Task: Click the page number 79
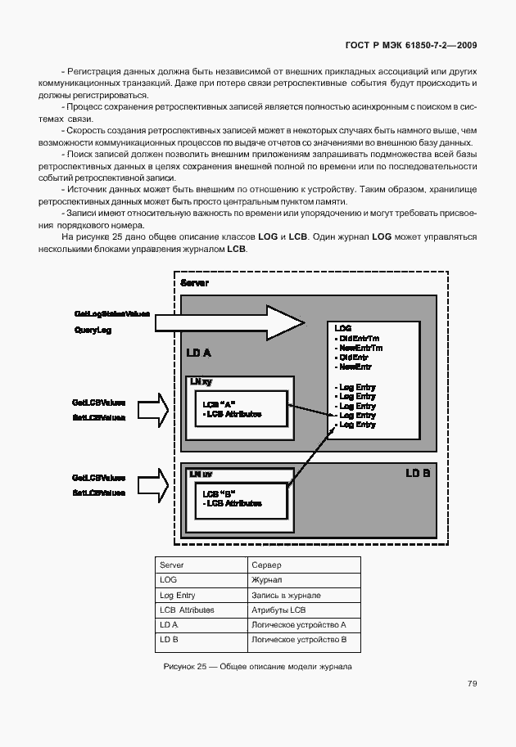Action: pos(472,683)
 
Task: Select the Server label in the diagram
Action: pos(194,283)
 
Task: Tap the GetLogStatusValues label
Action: pos(111,314)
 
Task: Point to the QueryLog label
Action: pos(92,331)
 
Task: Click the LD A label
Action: pos(198,353)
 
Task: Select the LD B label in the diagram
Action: pos(418,474)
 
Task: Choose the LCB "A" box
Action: pos(241,409)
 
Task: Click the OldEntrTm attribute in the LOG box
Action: pos(358,339)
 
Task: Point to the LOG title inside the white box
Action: pos(343,327)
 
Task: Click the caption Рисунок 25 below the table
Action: pos(257,667)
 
